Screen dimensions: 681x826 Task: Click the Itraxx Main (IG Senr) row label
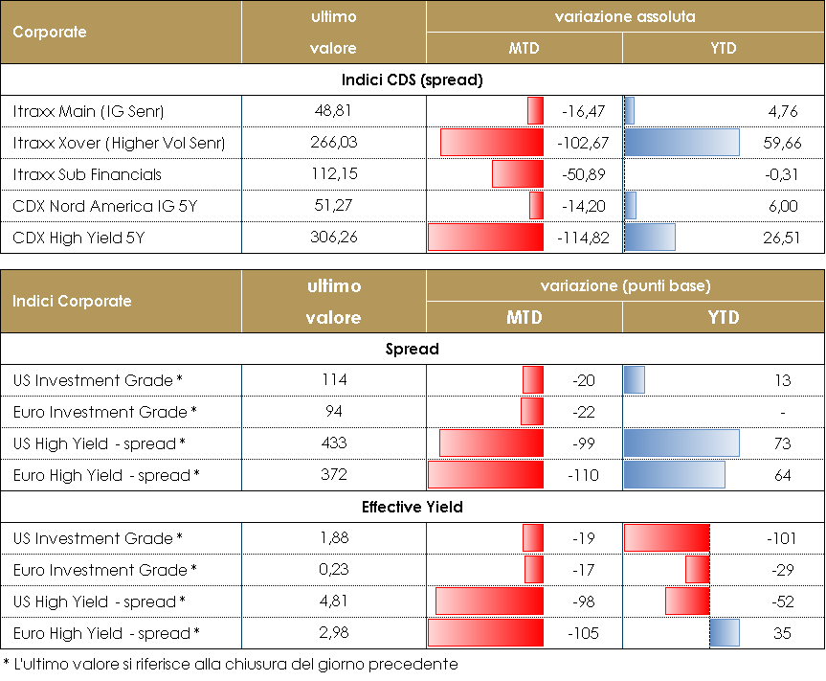click(x=89, y=112)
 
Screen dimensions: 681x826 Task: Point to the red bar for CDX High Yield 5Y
click(x=486, y=238)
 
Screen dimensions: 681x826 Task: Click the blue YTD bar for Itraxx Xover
click(x=681, y=143)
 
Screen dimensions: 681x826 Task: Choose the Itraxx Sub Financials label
click(x=87, y=174)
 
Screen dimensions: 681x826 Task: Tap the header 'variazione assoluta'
click(x=625, y=17)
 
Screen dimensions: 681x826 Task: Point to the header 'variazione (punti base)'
click(x=625, y=286)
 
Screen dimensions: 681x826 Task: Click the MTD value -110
click(x=582, y=475)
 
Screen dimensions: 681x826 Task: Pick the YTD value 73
click(x=782, y=443)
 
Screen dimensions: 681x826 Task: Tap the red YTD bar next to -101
click(x=666, y=538)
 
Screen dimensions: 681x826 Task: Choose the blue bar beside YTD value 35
click(x=725, y=633)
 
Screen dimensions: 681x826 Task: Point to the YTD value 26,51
click(x=781, y=238)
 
